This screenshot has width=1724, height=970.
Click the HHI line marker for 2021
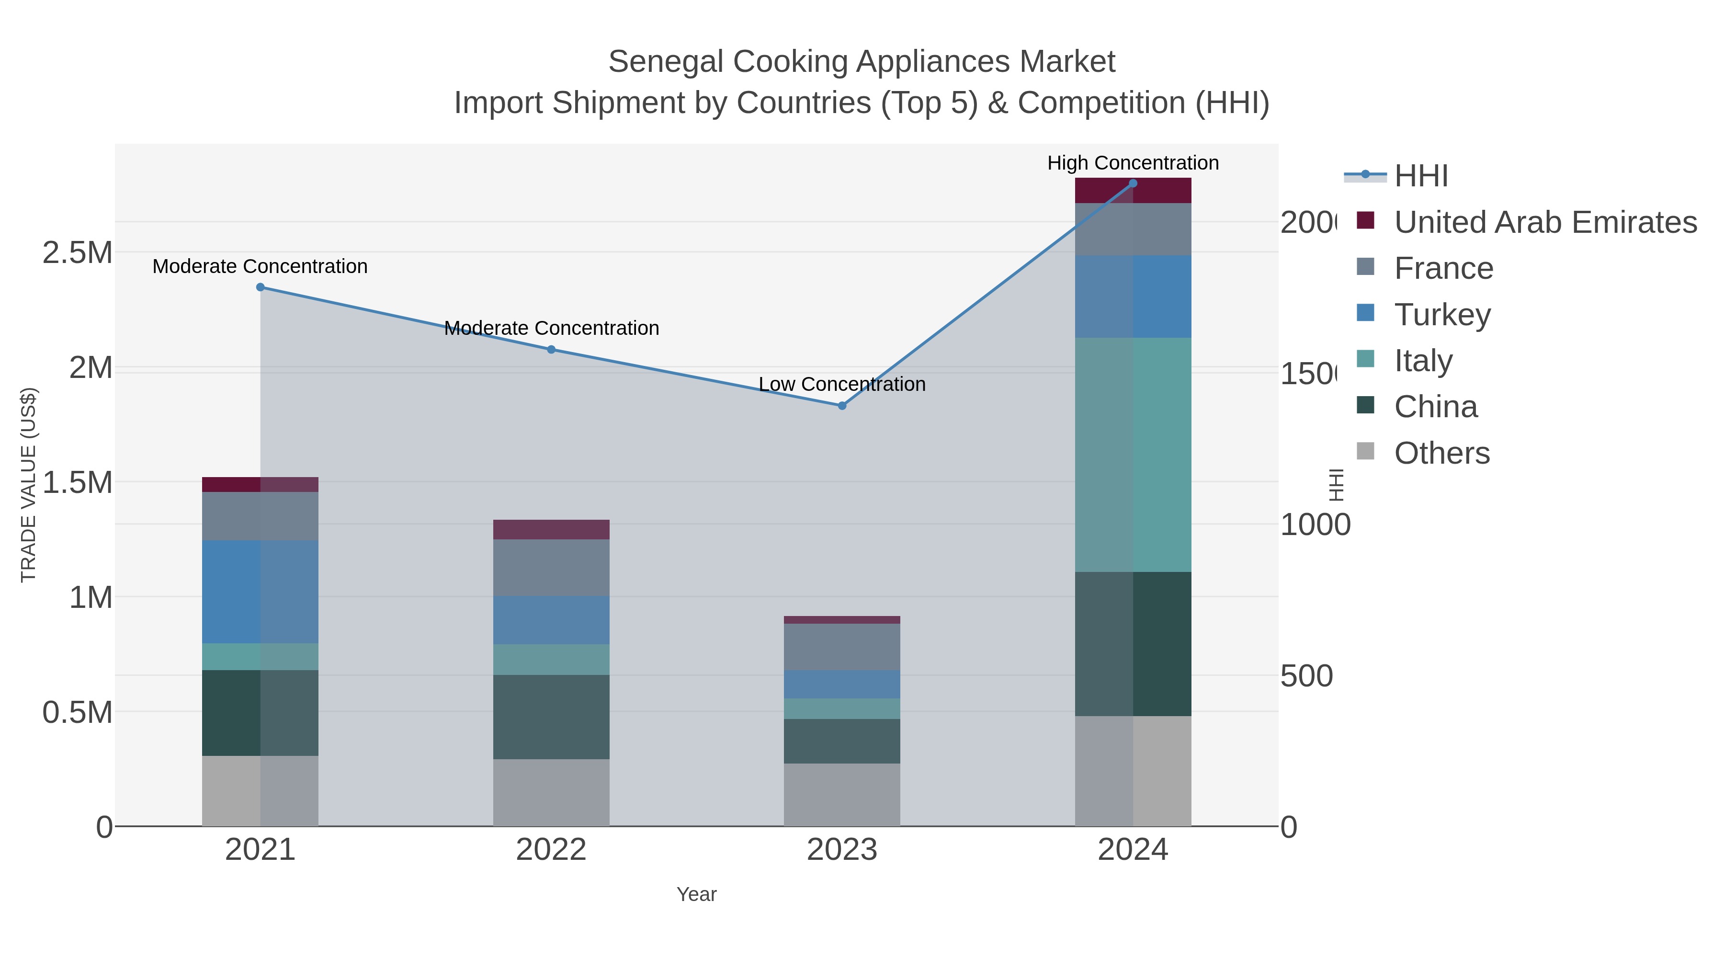(261, 287)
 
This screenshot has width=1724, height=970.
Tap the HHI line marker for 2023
(842, 406)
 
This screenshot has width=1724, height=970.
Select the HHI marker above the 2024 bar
(1133, 183)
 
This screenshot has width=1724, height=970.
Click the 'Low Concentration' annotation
(842, 384)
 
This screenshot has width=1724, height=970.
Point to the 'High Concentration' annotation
(1133, 163)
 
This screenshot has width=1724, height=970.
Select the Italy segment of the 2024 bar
(1133, 455)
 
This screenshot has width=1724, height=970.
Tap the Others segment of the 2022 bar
(552, 793)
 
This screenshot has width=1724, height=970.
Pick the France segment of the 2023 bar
(842, 647)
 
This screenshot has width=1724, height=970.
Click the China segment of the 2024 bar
(1133, 644)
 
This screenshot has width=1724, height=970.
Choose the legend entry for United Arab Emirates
(1544, 222)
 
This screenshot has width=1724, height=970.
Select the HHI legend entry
(1420, 176)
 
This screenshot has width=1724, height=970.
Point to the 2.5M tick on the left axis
(78, 253)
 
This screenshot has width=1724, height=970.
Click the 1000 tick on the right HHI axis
(1315, 525)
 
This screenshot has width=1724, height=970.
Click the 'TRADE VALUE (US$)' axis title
(29, 485)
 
